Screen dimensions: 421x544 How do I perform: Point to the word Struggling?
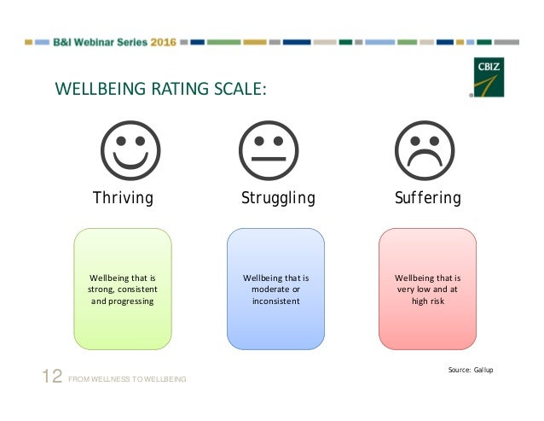click(278, 199)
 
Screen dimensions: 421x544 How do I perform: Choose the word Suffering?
click(428, 199)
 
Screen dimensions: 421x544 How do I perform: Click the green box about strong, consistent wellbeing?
click(123, 289)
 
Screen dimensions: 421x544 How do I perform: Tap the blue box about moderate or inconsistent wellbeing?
click(275, 289)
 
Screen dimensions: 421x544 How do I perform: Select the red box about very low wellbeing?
click(427, 289)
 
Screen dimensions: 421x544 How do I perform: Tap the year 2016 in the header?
click(163, 41)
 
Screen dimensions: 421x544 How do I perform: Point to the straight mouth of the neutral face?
click(269, 159)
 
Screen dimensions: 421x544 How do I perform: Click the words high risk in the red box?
click(427, 301)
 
